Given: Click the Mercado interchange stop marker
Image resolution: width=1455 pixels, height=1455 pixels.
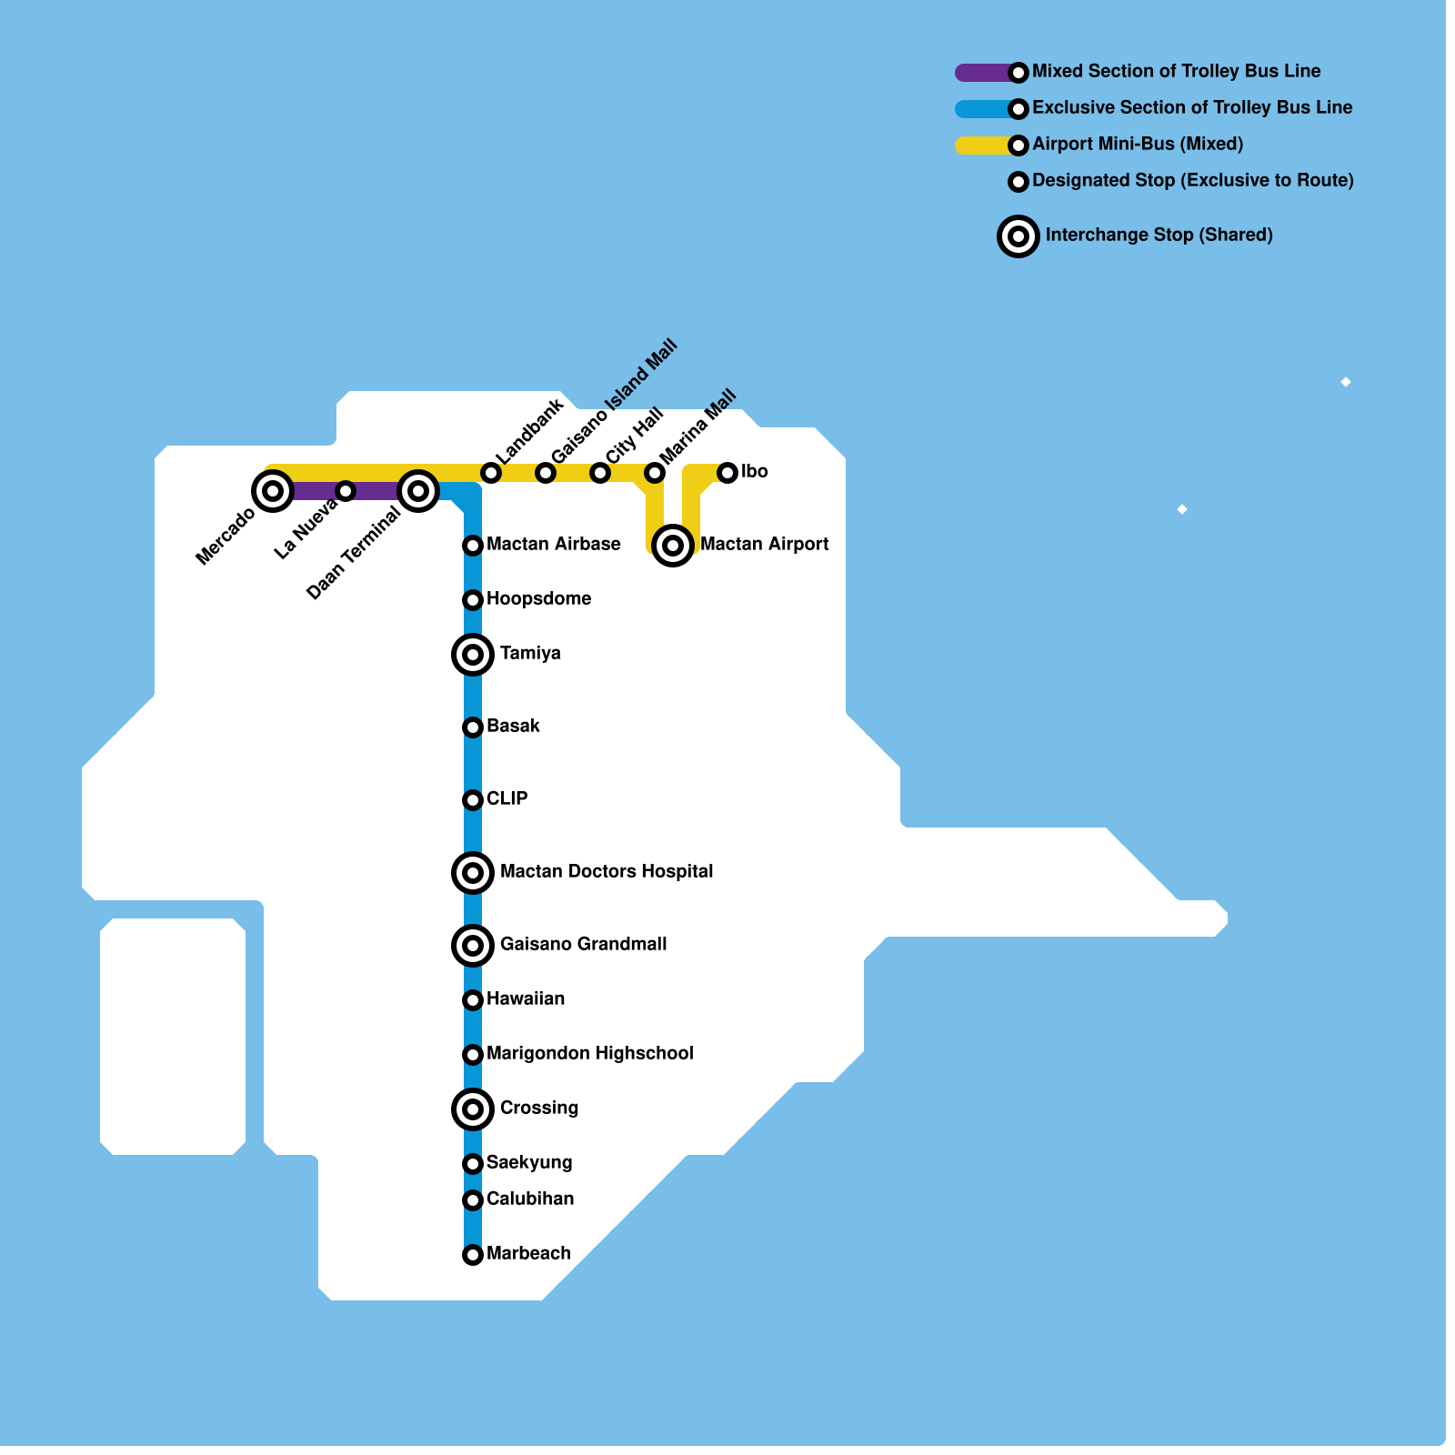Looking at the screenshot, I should (272, 491).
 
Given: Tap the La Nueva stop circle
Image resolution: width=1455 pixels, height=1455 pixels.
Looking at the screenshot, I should (346, 491).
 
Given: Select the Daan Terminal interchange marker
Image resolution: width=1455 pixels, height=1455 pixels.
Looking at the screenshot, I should (418, 491).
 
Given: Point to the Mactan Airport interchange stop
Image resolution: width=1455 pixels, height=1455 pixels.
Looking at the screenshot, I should (673, 545).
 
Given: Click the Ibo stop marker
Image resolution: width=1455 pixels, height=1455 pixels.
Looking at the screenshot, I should (727, 472).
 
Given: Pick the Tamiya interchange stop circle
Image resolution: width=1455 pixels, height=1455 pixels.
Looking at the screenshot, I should (473, 654).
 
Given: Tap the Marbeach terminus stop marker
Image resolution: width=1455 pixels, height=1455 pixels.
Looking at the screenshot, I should (473, 1255).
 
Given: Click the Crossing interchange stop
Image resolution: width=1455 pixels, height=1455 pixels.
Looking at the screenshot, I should (473, 1109).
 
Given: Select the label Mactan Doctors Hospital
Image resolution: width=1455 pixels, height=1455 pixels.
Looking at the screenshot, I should (607, 871).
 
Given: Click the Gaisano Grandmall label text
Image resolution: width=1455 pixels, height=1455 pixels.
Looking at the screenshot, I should (583, 944).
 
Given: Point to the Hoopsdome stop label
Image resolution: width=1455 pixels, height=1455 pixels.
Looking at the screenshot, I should (538, 598).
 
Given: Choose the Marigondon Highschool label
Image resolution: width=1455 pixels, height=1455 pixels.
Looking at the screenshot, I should (589, 1053).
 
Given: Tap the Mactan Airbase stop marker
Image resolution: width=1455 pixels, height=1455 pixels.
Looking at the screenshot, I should (473, 545).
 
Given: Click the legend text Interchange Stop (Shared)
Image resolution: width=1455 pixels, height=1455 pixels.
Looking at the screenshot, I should (1159, 235).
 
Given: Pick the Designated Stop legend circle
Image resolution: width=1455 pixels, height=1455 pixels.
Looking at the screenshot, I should (1018, 181).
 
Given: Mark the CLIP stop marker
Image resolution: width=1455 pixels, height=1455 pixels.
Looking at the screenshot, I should (473, 799).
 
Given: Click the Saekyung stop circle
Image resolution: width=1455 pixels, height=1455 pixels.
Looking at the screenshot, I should (473, 1163).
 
